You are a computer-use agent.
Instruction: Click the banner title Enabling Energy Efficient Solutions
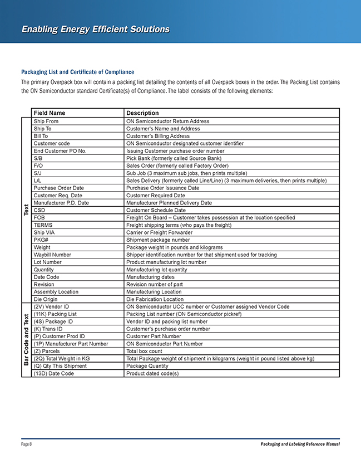tap(95, 29)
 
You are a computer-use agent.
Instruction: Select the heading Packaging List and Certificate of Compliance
tap(77, 72)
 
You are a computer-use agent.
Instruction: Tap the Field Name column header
tap(50, 113)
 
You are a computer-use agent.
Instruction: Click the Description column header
tap(142, 113)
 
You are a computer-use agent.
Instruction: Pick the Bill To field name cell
tap(41, 136)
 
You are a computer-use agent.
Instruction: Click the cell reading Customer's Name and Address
tap(163, 129)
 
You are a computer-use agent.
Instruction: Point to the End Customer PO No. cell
tap(60, 150)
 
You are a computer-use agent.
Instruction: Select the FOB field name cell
tap(39, 217)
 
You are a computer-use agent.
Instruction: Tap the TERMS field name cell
tap(43, 225)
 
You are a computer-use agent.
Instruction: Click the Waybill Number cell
tap(52, 255)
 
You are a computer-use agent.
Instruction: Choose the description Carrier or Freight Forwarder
tap(159, 232)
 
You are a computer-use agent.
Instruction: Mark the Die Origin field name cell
tap(46, 299)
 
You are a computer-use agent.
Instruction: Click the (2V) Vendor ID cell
tap(52, 306)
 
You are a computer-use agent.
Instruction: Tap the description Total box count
tap(145, 351)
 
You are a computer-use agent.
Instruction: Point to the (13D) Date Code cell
tap(54, 373)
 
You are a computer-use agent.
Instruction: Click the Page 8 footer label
tap(26, 444)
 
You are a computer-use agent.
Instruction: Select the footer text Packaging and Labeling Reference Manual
tap(300, 444)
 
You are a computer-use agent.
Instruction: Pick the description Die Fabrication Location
tap(155, 299)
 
